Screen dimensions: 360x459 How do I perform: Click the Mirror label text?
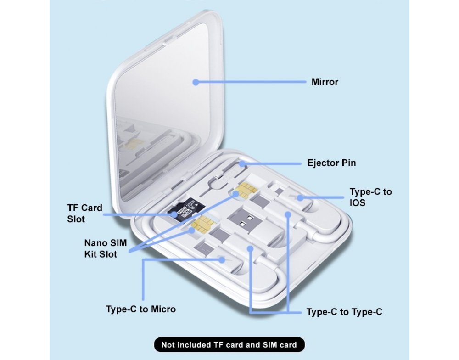click(x=325, y=82)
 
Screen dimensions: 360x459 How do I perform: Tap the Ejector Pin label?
click(x=331, y=163)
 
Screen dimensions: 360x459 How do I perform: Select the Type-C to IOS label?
click(x=370, y=197)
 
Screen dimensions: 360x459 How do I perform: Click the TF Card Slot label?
click(x=84, y=214)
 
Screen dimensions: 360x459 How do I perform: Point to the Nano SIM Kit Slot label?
click(x=105, y=248)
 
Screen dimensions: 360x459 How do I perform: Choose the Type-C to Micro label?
click(x=140, y=309)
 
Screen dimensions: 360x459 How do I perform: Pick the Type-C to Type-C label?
click(x=344, y=312)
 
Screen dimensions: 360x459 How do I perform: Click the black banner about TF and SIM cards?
click(x=229, y=345)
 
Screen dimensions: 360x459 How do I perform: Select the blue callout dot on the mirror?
click(x=196, y=82)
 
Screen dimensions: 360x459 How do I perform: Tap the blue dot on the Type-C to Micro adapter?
click(x=224, y=259)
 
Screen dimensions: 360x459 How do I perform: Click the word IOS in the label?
click(x=358, y=202)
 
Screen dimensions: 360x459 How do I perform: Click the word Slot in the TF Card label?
click(x=76, y=219)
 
